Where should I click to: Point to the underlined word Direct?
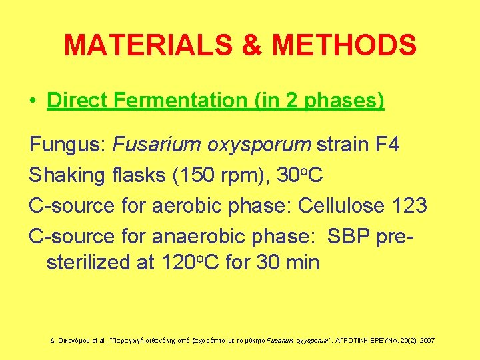(78, 101)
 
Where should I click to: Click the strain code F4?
(386, 144)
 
